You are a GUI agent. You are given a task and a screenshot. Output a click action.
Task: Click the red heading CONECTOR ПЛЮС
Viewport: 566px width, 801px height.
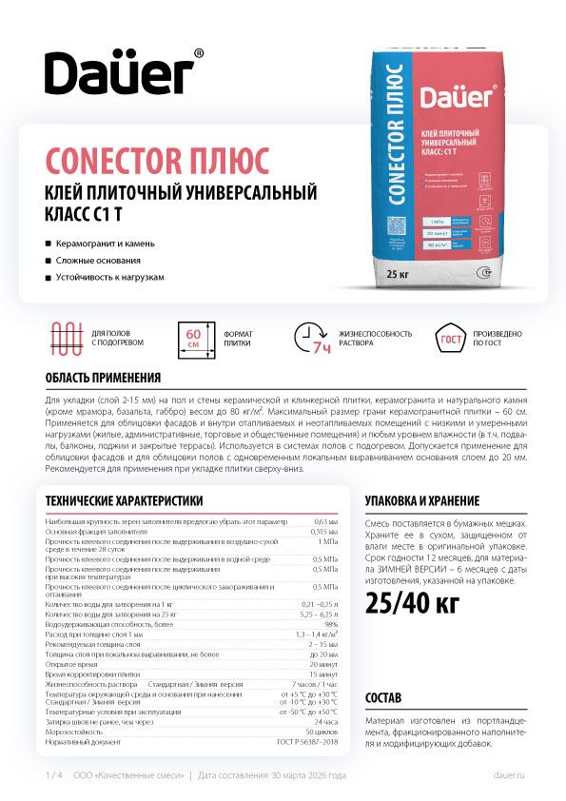[158, 157]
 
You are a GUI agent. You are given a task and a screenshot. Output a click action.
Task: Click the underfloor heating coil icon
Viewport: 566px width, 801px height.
[68, 337]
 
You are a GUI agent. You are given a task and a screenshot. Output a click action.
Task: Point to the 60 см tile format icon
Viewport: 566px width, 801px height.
[193, 338]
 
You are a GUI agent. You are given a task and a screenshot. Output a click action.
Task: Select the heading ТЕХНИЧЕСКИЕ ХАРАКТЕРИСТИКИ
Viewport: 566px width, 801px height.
[118, 500]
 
